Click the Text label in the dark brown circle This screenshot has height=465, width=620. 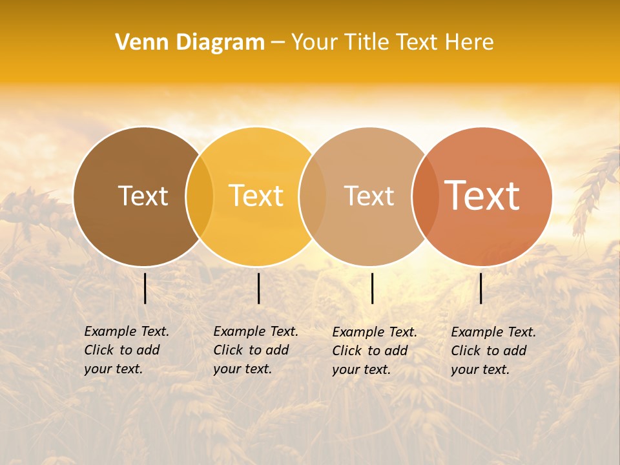143,196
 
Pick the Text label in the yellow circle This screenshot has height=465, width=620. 256,196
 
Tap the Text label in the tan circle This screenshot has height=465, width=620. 369,196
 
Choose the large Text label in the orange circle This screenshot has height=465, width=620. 482,195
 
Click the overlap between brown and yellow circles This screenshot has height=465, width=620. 200,196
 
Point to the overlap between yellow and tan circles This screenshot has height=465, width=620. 313,196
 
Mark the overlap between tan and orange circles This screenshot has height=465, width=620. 425,196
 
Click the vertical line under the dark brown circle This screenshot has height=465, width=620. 145,288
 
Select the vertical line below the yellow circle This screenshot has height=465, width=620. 258,288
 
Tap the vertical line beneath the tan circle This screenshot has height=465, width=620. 372,288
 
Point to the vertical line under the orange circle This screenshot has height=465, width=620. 480,288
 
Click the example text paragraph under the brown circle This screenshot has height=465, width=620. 126,350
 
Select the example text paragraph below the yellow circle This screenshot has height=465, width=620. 255,350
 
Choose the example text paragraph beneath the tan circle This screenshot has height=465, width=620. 374,351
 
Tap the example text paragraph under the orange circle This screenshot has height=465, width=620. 493,351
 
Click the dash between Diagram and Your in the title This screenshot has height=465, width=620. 278,43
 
